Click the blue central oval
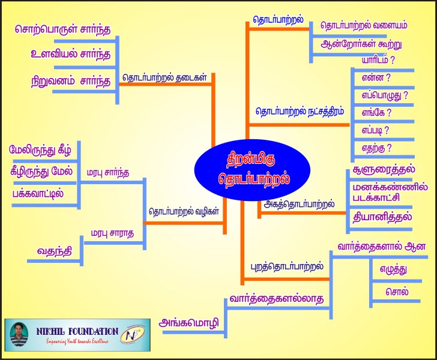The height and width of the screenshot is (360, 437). point(252,170)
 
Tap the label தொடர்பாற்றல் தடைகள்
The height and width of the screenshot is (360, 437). point(164,77)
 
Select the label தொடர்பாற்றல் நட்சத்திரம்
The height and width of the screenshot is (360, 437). point(300,112)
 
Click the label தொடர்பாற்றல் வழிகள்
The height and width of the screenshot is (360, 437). point(184,211)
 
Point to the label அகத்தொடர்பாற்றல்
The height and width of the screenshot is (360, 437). point(299,204)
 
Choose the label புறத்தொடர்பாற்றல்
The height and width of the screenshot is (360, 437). point(286,266)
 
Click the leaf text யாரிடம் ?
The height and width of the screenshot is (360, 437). point(378,60)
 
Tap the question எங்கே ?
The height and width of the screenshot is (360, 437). point(376,113)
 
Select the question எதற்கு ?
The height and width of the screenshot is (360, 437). point(376,148)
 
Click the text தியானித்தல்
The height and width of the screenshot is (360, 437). point(382,217)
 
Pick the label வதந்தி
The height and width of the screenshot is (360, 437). point(55,251)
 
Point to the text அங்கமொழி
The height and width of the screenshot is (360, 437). point(188,323)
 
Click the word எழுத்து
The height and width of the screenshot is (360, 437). point(393,269)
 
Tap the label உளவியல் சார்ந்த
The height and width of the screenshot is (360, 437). point(70,54)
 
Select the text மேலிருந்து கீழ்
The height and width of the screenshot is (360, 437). point(40,150)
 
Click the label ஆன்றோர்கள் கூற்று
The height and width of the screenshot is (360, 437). point(361,44)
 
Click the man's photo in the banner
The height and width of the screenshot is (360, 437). point(19,335)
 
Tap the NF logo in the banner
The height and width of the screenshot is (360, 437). point(134,334)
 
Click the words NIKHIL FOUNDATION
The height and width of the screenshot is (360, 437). point(77,332)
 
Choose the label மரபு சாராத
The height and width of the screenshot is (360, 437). point(112,233)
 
